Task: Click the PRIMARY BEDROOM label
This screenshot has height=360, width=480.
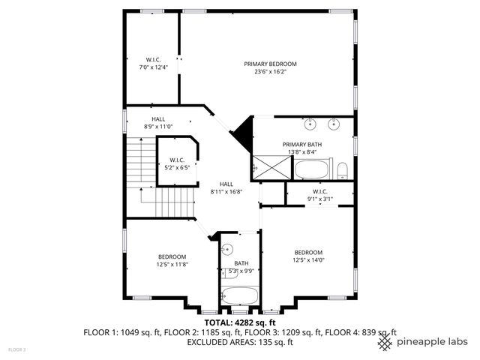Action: [270, 64]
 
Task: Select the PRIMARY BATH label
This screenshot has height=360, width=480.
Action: [302, 144]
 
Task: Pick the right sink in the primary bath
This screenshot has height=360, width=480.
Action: [335, 121]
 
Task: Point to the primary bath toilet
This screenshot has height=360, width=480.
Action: [342, 169]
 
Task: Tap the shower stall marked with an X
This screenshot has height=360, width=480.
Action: [265, 168]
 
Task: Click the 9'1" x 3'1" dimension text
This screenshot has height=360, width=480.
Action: [320, 199]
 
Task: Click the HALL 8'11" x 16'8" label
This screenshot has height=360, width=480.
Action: [226, 188]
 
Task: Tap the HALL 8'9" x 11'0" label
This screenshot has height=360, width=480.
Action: [158, 123]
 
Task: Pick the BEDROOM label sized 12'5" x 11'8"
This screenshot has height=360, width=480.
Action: [171, 260]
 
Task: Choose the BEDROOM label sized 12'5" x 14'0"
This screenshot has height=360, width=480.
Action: [308, 256]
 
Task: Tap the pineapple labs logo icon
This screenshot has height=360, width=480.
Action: [385, 342]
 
